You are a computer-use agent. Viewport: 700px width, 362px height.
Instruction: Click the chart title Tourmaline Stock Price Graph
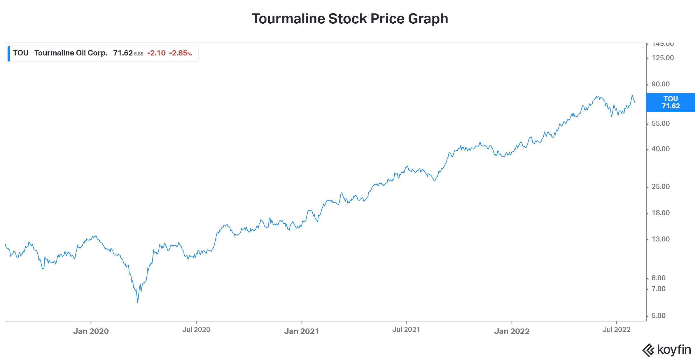[350, 19]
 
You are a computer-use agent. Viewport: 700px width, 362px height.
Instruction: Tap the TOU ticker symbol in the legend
[20, 53]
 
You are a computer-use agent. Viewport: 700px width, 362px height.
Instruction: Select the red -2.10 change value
[156, 53]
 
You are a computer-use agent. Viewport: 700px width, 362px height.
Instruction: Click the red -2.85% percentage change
[180, 53]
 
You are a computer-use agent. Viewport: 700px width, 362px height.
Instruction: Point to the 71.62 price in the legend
[123, 53]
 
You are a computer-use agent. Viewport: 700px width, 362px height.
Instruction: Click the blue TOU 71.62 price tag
[670, 102]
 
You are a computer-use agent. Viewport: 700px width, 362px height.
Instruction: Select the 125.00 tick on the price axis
[662, 58]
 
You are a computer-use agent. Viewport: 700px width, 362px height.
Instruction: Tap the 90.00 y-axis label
[660, 84]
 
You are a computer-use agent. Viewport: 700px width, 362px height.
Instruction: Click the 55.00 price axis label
[660, 123]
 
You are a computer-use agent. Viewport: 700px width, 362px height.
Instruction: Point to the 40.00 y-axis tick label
[660, 149]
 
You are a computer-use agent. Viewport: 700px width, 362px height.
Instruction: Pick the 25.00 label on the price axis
[660, 187]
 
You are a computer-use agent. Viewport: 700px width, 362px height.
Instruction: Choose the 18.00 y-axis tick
[660, 213]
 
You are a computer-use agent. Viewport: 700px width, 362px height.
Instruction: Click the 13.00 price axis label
[660, 239]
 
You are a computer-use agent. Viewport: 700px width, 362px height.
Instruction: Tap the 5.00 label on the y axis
[658, 316]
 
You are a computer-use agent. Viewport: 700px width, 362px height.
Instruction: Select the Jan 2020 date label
[91, 331]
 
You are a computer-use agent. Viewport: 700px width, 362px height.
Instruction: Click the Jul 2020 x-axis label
[196, 330]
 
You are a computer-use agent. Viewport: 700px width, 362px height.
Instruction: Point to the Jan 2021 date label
[302, 331]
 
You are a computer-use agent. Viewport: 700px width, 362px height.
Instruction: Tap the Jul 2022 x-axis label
[616, 330]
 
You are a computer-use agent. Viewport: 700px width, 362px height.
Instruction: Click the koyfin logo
[666, 350]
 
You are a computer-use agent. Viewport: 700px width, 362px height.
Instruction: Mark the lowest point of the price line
[138, 302]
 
